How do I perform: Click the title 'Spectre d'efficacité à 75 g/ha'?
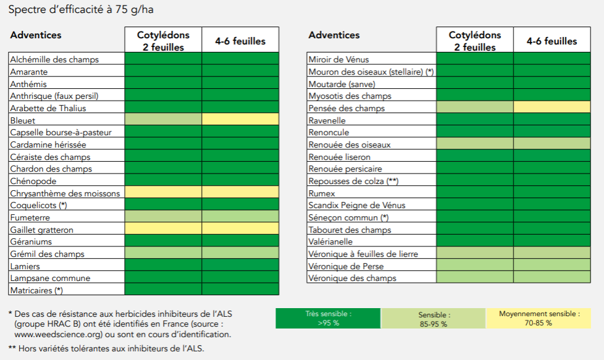pos(81,9)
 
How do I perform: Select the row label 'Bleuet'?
pos(23,120)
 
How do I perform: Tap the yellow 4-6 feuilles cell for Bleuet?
pos(240,119)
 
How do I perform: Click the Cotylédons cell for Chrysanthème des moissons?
pos(163,192)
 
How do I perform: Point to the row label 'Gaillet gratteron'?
pos(41,230)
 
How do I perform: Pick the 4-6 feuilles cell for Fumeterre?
pos(240,216)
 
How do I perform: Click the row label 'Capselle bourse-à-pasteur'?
pos(61,132)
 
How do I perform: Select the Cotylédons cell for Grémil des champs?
pos(163,253)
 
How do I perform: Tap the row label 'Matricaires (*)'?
pos(36,290)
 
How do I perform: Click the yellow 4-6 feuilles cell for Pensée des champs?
pos(552,107)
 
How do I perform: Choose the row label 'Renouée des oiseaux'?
pos(350,144)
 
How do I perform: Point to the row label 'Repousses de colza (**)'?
pos(353,181)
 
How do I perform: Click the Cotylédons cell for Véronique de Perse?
pos(474,264)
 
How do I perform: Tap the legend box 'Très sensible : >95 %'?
pos(328,319)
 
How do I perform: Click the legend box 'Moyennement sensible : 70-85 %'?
pos(539,319)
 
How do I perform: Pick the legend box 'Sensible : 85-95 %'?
pos(434,319)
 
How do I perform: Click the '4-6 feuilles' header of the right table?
pos(552,41)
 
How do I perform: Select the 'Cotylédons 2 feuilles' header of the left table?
pos(163,40)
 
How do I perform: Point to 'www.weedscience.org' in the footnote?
pos(57,334)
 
